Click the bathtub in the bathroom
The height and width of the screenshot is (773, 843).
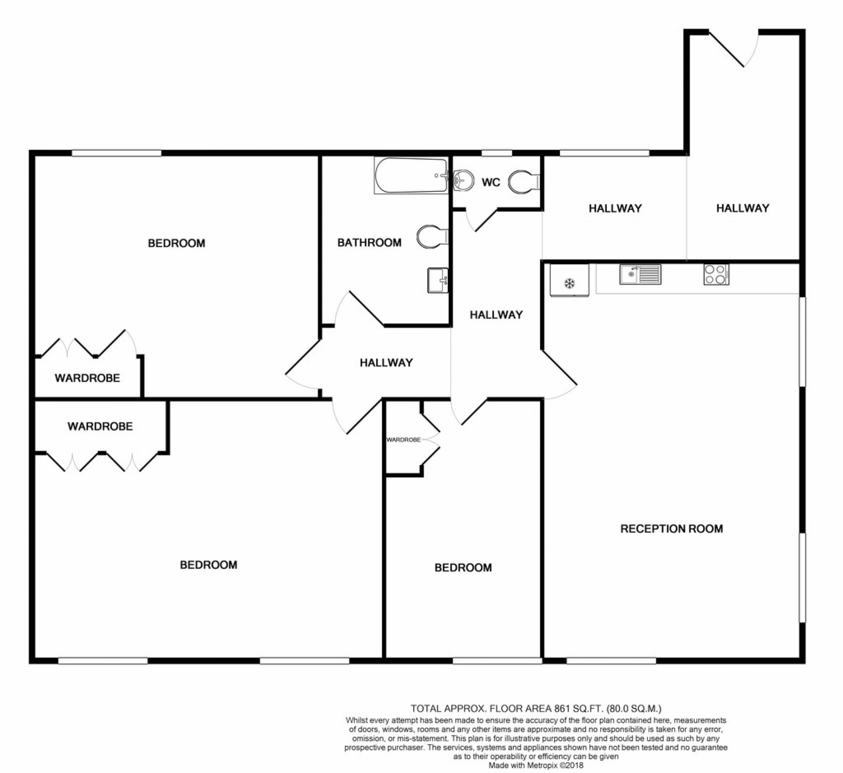(x=411, y=175)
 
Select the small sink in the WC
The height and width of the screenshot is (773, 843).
(x=463, y=179)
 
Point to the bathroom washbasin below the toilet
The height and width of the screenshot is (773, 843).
(x=438, y=280)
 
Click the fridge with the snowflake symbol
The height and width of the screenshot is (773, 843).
(x=569, y=280)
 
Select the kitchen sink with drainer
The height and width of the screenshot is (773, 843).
(x=640, y=275)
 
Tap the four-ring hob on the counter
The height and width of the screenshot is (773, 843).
(x=716, y=275)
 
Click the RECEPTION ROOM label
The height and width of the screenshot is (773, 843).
(x=671, y=528)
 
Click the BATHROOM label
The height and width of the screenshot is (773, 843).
(x=369, y=242)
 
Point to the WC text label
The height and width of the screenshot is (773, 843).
(x=490, y=182)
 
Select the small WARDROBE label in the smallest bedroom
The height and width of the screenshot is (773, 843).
(x=403, y=439)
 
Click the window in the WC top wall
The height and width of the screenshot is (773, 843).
(x=497, y=153)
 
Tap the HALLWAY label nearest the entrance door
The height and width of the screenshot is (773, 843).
(x=742, y=208)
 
